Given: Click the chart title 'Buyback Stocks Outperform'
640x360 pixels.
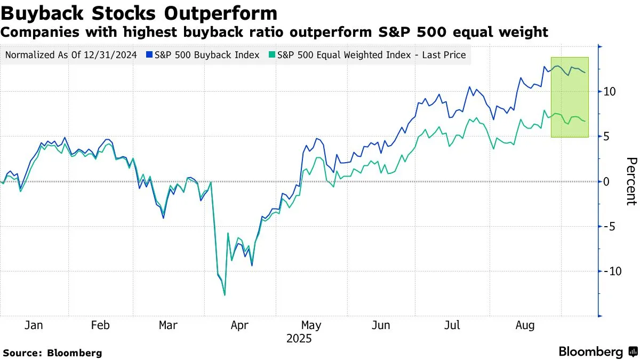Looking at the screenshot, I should [x=139, y=12].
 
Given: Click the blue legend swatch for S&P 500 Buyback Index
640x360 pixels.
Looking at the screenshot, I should [x=150, y=55].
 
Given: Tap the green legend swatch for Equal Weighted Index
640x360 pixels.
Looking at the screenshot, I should [x=273, y=55].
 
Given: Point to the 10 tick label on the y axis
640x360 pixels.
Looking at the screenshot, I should [x=610, y=92].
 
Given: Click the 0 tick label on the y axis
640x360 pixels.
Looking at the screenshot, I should [x=606, y=182].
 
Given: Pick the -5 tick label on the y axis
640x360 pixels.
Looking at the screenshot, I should [x=609, y=227].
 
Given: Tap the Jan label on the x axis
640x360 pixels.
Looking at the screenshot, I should [x=35, y=325].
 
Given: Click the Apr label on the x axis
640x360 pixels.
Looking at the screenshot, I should [x=239, y=325].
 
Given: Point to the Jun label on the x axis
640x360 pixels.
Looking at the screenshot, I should [x=380, y=325].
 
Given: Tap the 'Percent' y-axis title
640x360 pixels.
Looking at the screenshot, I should [x=631, y=181].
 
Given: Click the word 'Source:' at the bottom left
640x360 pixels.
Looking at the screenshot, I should [x=23, y=353].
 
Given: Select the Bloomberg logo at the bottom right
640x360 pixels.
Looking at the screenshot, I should [x=597, y=351].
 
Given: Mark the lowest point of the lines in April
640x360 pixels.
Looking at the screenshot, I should [x=225, y=295].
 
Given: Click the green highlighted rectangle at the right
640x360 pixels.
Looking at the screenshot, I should [x=570, y=97].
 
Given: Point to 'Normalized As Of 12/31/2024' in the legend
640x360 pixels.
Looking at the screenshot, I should [x=70, y=55].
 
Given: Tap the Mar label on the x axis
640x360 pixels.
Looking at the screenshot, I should [x=169, y=325].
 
